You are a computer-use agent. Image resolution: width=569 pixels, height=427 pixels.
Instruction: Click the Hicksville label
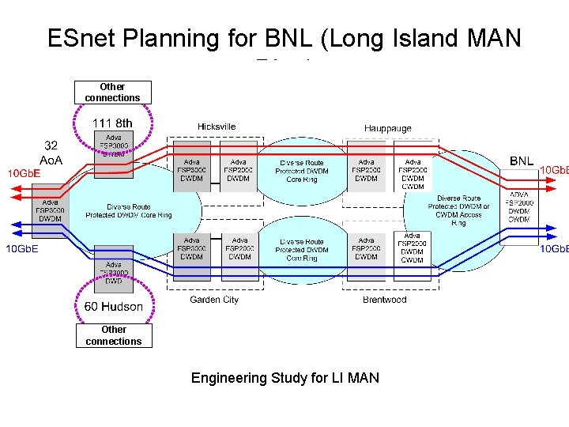coord(217,127)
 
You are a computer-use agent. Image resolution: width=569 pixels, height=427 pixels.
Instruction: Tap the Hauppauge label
coord(387,128)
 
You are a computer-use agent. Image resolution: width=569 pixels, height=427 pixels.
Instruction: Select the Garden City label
coord(213,300)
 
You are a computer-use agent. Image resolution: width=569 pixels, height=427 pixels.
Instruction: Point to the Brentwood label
coord(384,300)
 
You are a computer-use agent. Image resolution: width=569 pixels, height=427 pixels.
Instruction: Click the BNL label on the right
coord(521,161)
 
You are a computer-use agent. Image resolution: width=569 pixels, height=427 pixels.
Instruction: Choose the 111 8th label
coord(112,123)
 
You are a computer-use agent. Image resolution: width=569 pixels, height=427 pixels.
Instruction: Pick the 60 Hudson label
coord(114,306)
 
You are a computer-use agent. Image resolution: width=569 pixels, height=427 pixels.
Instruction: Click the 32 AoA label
coord(51,153)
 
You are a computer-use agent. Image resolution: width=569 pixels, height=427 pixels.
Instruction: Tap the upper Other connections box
coord(112,93)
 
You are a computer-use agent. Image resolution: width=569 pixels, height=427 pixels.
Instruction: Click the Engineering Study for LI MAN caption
coord(284,378)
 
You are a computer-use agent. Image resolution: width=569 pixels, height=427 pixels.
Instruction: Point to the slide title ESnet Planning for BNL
coord(284,39)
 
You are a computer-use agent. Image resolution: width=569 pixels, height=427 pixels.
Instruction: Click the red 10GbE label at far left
coord(24,173)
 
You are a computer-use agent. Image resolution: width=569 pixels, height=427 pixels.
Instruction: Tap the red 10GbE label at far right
coord(552,170)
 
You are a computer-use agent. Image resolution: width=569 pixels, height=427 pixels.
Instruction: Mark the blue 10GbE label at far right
coord(552,249)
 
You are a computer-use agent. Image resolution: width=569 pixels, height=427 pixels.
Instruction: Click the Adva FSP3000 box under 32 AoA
coord(51,210)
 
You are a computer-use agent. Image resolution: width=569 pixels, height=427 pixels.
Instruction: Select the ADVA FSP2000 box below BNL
coord(519,207)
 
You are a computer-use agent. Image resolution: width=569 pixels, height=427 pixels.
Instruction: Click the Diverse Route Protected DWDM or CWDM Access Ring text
coord(458,210)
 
